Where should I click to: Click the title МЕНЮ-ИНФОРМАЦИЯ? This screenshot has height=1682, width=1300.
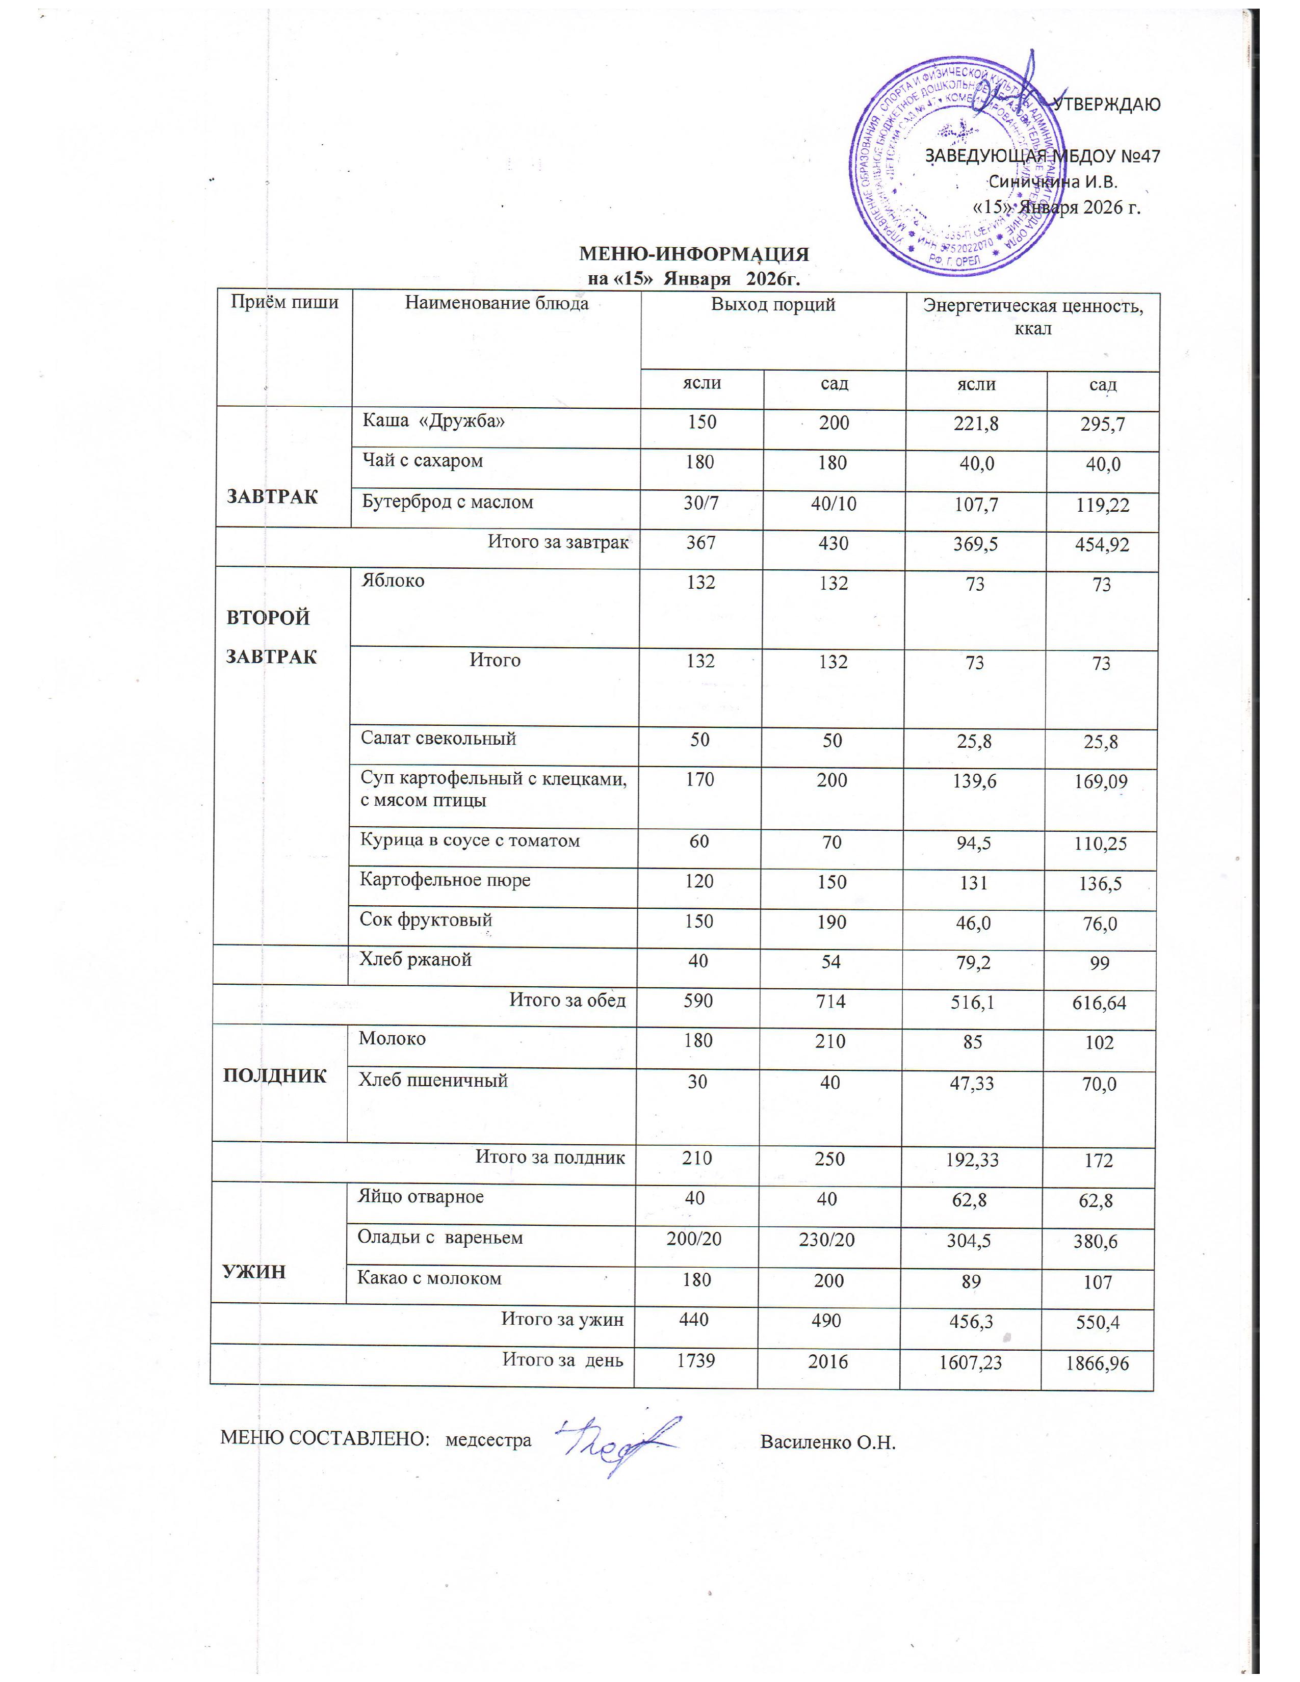(x=694, y=254)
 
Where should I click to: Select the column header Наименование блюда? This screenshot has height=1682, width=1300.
(x=497, y=303)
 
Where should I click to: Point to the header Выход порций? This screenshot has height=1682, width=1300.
(x=772, y=304)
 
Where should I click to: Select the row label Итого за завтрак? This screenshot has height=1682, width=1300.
(x=558, y=542)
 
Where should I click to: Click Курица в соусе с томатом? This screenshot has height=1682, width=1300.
(x=470, y=840)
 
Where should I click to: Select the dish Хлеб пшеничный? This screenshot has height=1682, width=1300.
(x=433, y=1081)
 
